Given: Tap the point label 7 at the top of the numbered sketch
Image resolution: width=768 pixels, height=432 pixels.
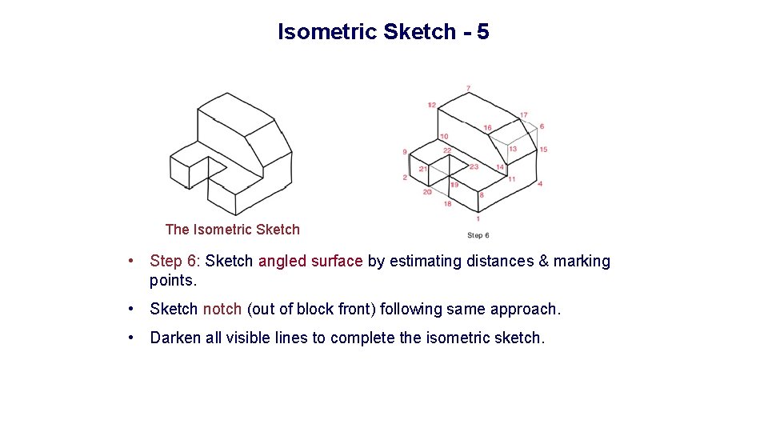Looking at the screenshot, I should [x=468, y=88].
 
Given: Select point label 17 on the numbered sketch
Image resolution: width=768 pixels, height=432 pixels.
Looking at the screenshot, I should [x=523, y=115].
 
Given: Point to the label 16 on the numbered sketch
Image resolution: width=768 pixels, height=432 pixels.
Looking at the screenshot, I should [x=487, y=128].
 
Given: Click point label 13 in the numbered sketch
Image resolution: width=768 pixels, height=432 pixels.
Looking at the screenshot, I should [x=512, y=149].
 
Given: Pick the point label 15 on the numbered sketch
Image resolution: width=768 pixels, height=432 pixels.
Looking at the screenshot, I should [x=543, y=150].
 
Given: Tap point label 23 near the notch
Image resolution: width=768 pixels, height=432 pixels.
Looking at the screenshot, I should [x=474, y=166].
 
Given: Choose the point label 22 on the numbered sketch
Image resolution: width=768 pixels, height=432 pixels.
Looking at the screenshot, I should [x=447, y=150].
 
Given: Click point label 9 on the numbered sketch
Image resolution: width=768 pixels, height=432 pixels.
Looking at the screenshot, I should [x=405, y=151].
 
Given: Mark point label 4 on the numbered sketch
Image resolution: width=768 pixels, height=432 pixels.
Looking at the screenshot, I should [x=540, y=184].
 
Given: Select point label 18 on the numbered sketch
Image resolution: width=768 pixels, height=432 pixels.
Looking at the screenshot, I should [x=447, y=204].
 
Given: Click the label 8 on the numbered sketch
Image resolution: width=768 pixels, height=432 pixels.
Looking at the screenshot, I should [x=481, y=195].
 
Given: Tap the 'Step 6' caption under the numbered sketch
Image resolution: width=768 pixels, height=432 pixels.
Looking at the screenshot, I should [x=478, y=235].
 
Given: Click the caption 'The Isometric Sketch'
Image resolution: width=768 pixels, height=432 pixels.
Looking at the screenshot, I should [x=232, y=230].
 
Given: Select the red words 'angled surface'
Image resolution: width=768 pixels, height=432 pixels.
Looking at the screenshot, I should [x=310, y=261].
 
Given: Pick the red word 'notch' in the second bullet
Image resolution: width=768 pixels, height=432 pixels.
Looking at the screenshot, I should [x=222, y=309].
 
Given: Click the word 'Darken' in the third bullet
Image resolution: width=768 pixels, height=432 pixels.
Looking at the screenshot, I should [x=175, y=338].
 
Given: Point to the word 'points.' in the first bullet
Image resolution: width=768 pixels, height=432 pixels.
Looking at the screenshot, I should [x=173, y=280].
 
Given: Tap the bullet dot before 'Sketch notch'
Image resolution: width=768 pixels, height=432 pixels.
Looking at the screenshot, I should [x=136, y=309].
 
